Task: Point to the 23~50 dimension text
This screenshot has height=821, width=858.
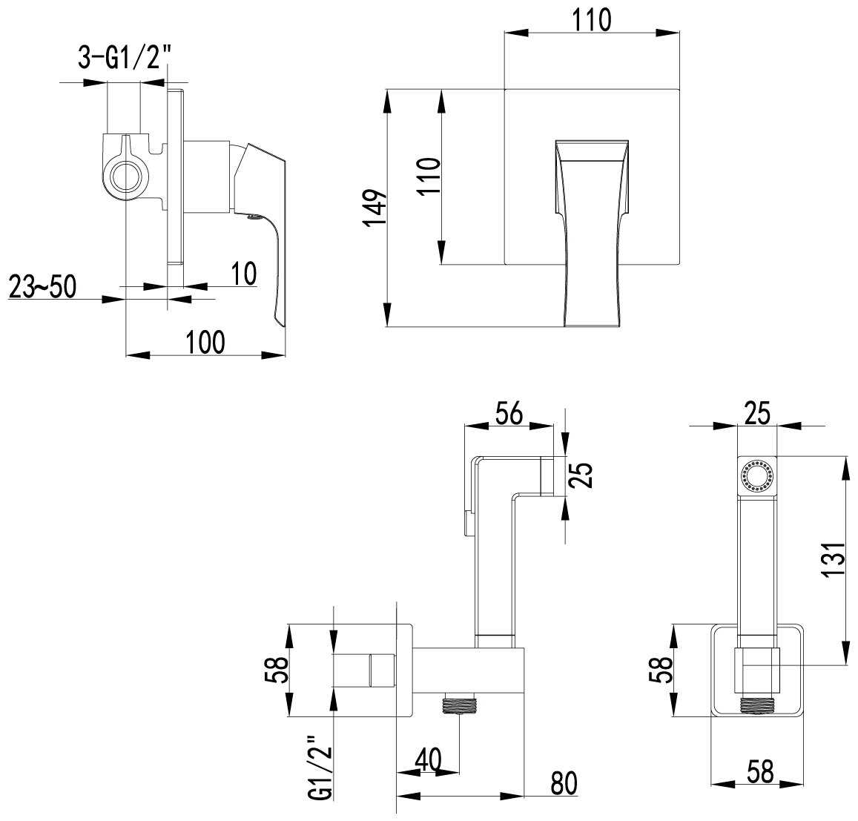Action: pos(42,286)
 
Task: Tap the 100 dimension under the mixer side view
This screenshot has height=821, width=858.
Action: pos(205,343)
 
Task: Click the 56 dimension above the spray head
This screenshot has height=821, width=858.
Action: pos(508,413)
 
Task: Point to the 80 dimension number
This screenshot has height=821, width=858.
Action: pos(564,783)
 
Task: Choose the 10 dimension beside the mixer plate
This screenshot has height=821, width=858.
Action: pos(242,274)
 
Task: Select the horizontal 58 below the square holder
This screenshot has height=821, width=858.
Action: pos(757,772)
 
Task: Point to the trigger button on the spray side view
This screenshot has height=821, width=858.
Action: pos(466,523)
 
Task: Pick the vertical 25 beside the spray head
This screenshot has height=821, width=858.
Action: pos(584,475)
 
